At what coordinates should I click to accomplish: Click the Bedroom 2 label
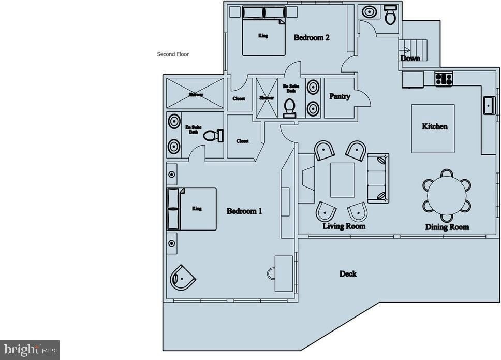click(312, 38)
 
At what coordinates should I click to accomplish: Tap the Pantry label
click(340, 96)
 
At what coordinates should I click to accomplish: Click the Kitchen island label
click(434, 126)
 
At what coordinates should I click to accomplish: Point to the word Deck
click(348, 273)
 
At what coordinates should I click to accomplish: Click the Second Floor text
click(173, 54)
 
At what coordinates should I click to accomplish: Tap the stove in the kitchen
click(444, 79)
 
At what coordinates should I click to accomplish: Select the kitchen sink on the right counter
click(489, 105)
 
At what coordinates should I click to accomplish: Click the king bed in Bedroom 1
click(191, 208)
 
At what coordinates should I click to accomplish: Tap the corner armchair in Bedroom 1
click(183, 278)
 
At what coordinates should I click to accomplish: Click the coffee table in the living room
click(343, 179)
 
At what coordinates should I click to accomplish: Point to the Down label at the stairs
click(410, 58)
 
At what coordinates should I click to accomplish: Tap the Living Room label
click(344, 226)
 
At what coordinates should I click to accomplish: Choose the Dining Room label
click(447, 227)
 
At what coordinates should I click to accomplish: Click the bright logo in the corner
click(30, 350)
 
